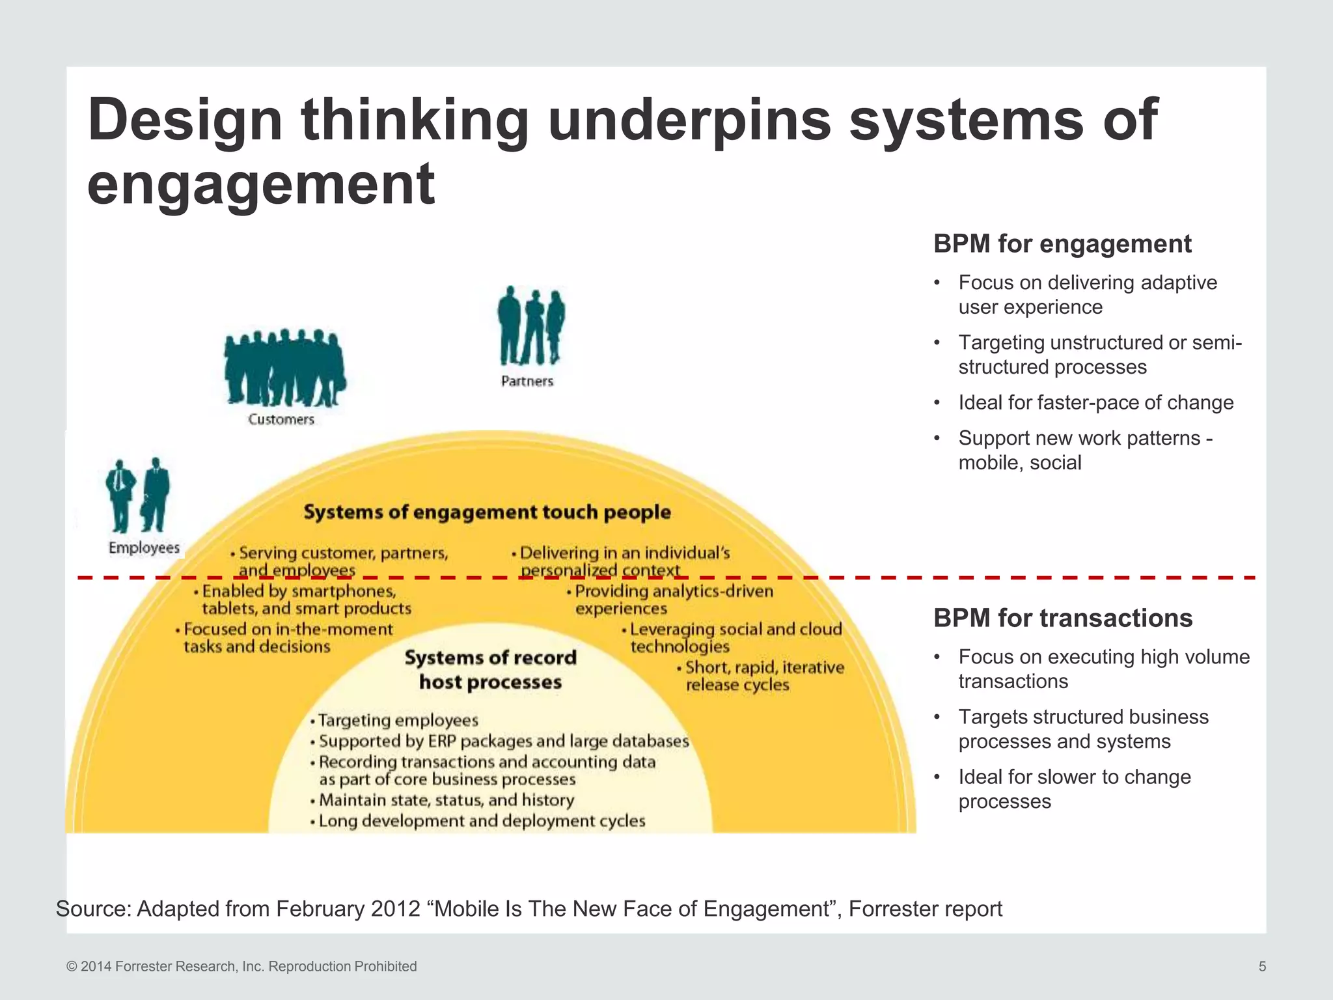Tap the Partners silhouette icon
[x=531, y=326]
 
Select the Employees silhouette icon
[x=138, y=495]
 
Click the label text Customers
[x=281, y=419]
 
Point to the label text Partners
[x=527, y=381]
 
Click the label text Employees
[x=144, y=548]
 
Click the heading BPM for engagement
[x=1062, y=244]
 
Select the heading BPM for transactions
[x=1063, y=618]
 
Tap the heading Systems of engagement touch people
[x=487, y=512]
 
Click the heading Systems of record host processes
[x=491, y=670]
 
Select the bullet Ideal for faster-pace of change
[x=1095, y=402]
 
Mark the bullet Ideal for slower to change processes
[x=1074, y=788]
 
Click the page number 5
[x=1262, y=966]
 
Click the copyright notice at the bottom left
[x=241, y=966]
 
